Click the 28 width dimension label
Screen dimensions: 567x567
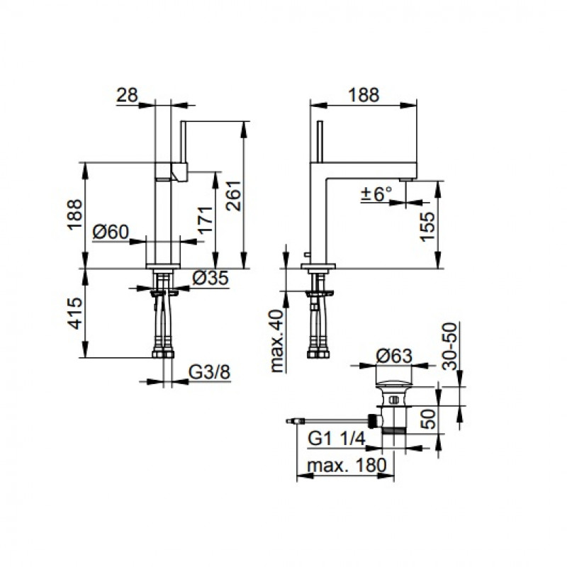click(x=128, y=95)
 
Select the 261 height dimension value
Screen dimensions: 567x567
click(x=234, y=196)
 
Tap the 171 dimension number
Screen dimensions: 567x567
click(x=206, y=220)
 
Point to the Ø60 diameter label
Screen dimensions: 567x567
click(x=111, y=232)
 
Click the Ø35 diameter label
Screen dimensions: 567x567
click(x=210, y=278)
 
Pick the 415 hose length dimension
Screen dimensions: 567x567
click(x=75, y=313)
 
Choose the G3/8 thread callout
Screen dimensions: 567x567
click(x=210, y=373)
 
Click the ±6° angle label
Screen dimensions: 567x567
click(x=376, y=194)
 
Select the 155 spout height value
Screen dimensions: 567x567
click(x=427, y=227)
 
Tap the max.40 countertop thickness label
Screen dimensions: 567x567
click(x=278, y=341)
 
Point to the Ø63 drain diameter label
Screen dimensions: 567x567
click(x=394, y=357)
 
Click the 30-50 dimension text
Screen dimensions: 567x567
click(x=449, y=347)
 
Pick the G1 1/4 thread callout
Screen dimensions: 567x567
click(x=337, y=439)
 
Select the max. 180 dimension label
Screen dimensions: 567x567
click(x=347, y=466)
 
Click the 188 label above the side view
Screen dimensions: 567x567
click(x=364, y=95)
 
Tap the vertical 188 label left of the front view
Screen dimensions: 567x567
click(x=75, y=214)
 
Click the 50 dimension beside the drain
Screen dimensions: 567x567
click(x=430, y=419)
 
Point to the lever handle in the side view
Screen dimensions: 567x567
click(x=320, y=142)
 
